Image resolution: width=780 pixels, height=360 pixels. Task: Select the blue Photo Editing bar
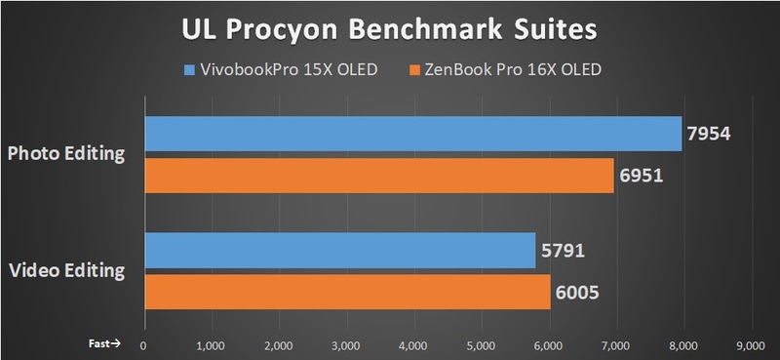tap(412, 134)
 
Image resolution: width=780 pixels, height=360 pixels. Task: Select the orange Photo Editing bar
tap(379, 175)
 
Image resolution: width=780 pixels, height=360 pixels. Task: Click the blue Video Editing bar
tap(339, 250)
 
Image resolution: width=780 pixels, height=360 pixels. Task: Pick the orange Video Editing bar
tap(347, 291)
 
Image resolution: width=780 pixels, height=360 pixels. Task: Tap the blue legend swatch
tap(189, 70)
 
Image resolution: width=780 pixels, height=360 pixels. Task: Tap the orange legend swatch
tap(413, 70)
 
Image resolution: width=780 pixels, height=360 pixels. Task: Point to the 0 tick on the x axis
tap(144, 344)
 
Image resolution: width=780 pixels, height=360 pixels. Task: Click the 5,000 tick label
tap(481, 344)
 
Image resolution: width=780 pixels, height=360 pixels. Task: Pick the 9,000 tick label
tap(750, 344)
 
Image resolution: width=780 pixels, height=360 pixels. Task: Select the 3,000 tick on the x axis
tap(346, 344)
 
